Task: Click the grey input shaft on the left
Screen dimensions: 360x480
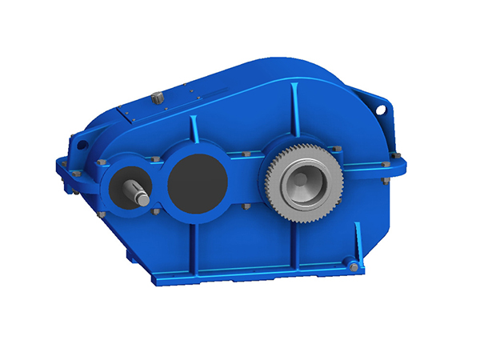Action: pos(135,193)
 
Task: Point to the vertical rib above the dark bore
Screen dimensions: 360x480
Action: pos(193,132)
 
